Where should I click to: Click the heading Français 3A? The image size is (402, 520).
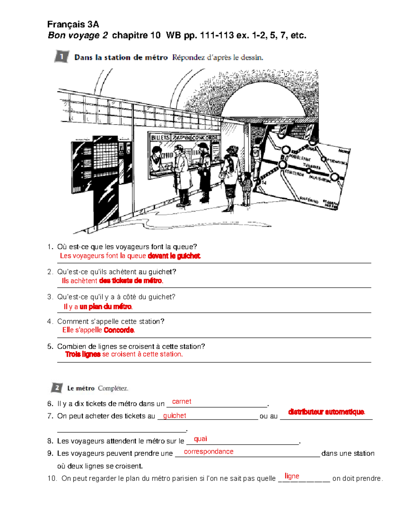pos(73,24)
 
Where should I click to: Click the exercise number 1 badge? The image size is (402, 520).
pos(62,57)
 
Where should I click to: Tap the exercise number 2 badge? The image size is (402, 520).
pos(57,388)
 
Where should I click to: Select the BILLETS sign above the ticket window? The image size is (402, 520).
pos(160,138)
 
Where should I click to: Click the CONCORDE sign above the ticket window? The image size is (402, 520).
pos(205,138)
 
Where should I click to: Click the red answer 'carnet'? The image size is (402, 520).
pos(182,401)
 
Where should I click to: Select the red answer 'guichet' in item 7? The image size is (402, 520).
pos(175,416)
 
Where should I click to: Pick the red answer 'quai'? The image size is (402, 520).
pos(200,439)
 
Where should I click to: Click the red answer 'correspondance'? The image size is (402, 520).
pos(208,451)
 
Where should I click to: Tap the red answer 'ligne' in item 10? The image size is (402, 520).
pos(292,476)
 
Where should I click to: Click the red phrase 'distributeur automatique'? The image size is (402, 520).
pos(326,412)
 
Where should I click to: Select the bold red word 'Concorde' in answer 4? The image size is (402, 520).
pos(119,330)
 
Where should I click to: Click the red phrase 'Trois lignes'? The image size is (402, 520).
pos(83,354)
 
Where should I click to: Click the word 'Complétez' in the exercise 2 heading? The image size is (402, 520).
pos(113,388)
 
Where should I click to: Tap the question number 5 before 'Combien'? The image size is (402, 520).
pos(50,347)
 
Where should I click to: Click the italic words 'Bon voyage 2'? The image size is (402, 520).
pos(78,35)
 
